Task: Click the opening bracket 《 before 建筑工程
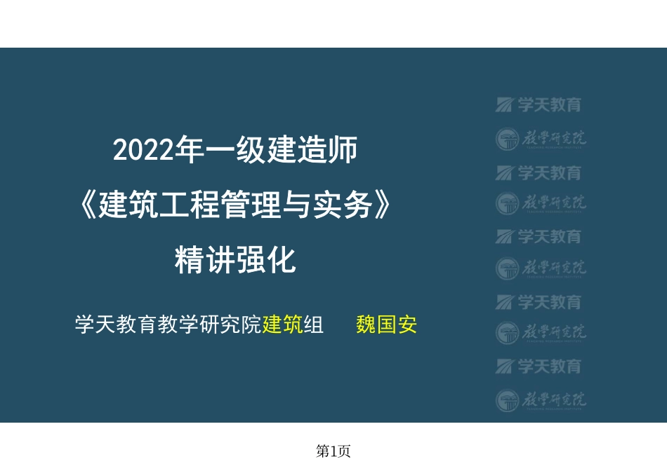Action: click(x=88, y=206)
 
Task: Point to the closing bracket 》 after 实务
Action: click(x=379, y=206)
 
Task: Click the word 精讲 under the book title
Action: click(x=204, y=261)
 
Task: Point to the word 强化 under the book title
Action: click(x=265, y=261)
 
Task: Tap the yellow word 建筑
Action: click(x=282, y=326)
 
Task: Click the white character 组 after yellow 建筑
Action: click(x=313, y=326)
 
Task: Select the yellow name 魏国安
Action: click(x=387, y=326)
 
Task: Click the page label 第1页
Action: click(x=333, y=452)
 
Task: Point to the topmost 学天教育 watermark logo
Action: click(x=539, y=105)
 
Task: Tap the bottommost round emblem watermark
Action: click(x=508, y=401)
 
